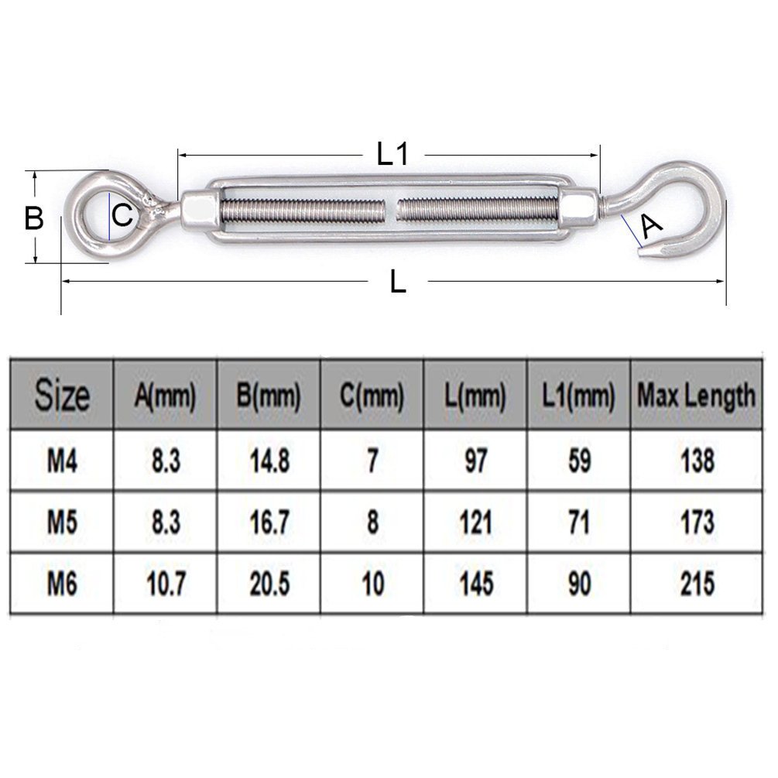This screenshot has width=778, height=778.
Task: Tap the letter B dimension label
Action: click(33, 218)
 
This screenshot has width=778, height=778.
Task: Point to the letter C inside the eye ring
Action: click(122, 215)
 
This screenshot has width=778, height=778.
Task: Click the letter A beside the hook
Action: click(652, 227)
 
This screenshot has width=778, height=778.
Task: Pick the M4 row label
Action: click(62, 462)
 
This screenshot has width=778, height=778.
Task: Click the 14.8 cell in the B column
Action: click(269, 462)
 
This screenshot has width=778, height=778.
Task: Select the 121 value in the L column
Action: click(475, 523)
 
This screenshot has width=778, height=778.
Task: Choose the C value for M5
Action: click(372, 523)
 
